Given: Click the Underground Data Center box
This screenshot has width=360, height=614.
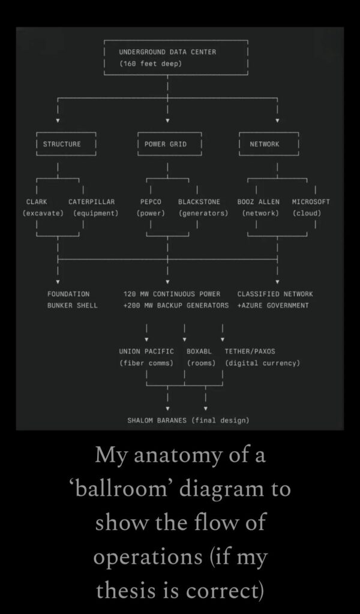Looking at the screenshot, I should pyautogui.click(x=176, y=58).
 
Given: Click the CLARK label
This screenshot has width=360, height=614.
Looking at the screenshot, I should pyautogui.click(x=37, y=202).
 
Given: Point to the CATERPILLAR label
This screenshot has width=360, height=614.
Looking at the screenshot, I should pyautogui.click(x=91, y=202).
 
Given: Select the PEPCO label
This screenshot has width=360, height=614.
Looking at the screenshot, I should pyautogui.click(x=150, y=202).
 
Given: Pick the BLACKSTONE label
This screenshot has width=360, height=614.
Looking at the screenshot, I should pyautogui.click(x=199, y=202).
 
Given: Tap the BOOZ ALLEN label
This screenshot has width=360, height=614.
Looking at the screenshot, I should pyautogui.click(x=259, y=202).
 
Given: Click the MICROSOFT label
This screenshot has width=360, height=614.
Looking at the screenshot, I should pyautogui.click(x=311, y=202).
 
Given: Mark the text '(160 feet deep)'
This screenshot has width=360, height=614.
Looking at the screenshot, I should pyautogui.click(x=150, y=64).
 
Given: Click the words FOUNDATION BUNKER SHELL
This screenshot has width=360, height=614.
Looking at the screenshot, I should pyautogui.click(x=72, y=300).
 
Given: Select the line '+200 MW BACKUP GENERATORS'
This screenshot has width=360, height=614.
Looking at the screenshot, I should pyautogui.click(x=176, y=306).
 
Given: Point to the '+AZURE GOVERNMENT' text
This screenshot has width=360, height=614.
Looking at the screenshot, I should pyautogui.click(x=273, y=306).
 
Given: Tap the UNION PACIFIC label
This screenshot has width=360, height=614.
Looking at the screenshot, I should pyautogui.click(x=146, y=351).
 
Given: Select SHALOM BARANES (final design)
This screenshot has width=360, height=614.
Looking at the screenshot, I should pyautogui.click(x=188, y=420).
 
